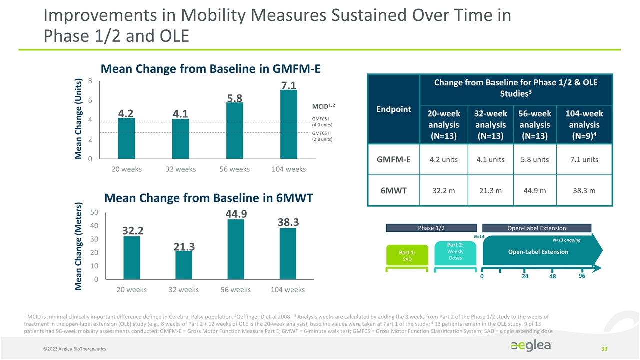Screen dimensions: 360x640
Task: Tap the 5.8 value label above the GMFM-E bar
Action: tap(235, 97)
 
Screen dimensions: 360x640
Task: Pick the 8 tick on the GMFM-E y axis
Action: tap(89, 81)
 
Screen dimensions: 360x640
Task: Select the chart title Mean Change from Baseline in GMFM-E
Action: tap(210, 69)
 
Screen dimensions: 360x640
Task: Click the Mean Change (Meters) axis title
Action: tap(79, 246)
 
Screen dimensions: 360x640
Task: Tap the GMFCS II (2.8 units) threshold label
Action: tap(322, 136)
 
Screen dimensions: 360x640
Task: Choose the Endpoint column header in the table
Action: tap(394, 109)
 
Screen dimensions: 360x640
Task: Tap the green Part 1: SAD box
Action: tap(407, 253)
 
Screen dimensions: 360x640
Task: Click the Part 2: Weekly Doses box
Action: tap(455, 251)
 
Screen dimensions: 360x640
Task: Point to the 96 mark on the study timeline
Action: tap(581, 275)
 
